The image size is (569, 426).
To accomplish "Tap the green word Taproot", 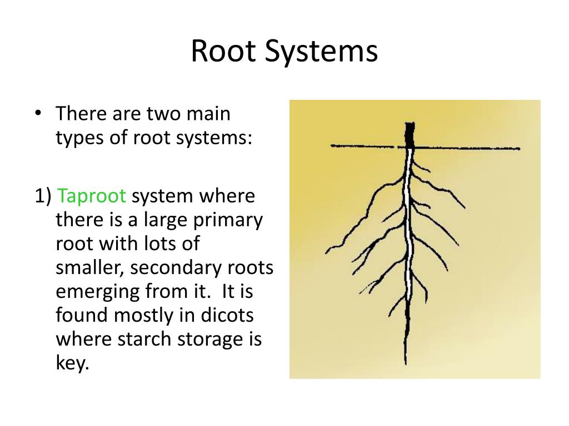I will coord(92,196).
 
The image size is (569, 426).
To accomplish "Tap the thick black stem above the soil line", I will coord(410,134).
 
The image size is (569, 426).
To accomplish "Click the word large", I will coord(163,220).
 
